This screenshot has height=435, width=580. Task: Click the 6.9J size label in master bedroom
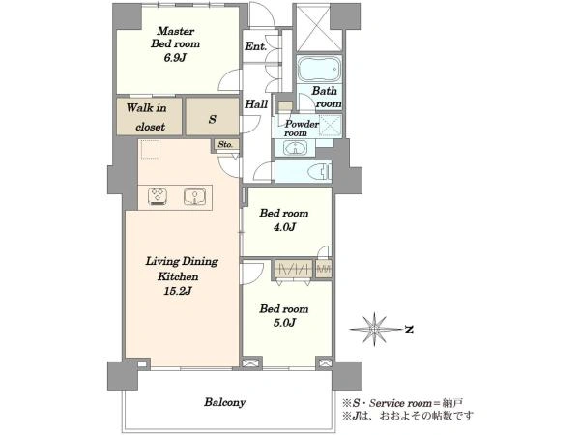click(x=175, y=58)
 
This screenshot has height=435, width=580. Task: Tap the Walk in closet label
click(x=147, y=117)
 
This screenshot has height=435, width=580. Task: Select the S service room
click(x=213, y=117)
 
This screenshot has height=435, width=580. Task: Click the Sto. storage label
click(x=225, y=144)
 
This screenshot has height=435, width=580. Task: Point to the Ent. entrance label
click(x=255, y=46)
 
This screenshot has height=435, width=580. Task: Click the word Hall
click(x=256, y=104)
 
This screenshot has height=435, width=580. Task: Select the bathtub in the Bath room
click(x=319, y=69)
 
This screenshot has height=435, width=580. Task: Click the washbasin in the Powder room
click(x=295, y=148)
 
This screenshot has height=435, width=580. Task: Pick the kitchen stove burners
click(x=158, y=196)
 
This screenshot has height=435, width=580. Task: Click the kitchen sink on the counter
click(x=195, y=196)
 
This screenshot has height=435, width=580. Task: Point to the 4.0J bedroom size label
click(x=284, y=227)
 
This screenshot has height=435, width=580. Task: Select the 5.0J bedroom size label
click(x=284, y=323)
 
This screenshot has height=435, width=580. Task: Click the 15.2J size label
click(x=178, y=291)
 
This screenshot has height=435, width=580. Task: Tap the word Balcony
click(x=225, y=402)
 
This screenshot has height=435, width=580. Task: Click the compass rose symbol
click(x=375, y=329)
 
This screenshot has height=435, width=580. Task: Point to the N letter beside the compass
click(x=409, y=329)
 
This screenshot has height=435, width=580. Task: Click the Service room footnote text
click(x=402, y=403)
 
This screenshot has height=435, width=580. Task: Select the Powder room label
click(x=302, y=128)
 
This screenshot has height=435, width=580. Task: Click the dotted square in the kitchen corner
click(x=150, y=149)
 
